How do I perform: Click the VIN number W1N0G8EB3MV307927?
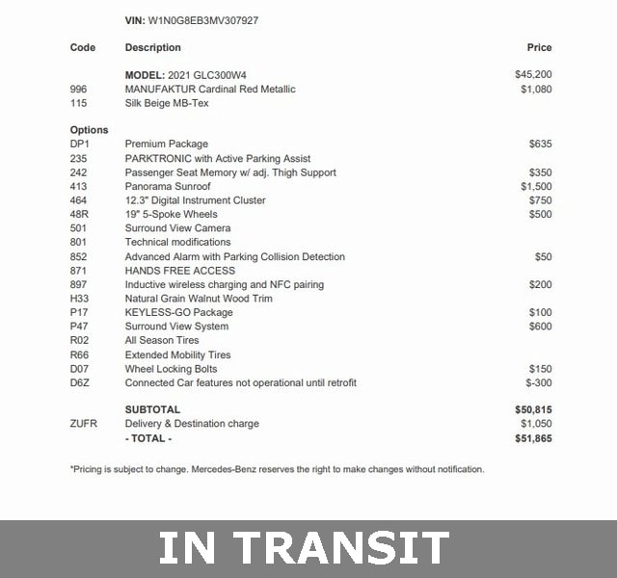(x=203, y=19)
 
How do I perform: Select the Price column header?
(x=539, y=47)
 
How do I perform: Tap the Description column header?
(x=152, y=47)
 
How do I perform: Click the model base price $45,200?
(x=533, y=74)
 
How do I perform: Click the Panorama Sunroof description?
(x=168, y=187)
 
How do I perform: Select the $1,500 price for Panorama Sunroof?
(x=536, y=187)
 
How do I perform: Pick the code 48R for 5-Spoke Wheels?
(x=80, y=215)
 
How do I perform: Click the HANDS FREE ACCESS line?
(x=179, y=271)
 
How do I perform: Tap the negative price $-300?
(x=538, y=382)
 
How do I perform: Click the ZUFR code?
(x=84, y=424)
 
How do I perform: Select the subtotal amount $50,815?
(x=533, y=409)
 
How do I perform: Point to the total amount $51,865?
(x=533, y=438)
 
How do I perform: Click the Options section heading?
(x=89, y=130)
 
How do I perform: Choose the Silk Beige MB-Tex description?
(x=167, y=103)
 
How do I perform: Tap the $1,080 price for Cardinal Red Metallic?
(x=536, y=89)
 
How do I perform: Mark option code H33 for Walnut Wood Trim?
(x=79, y=299)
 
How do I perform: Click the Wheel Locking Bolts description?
(x=171, y=369)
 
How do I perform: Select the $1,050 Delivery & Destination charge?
(x=536, y=424)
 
